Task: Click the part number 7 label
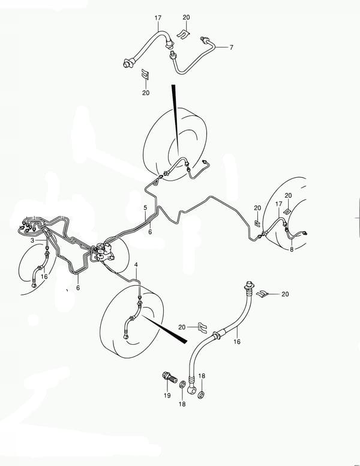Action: tap(232, 47)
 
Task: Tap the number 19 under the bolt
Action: tap(167, 395)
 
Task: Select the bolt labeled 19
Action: tap(169, 378)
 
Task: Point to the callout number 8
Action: tap(292, 250)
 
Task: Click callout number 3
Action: tap(32, 240)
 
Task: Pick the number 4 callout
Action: tap(136, 264)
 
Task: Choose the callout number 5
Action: tap(145, 208)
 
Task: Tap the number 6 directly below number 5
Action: tap(150, 232)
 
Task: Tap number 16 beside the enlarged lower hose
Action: tap(237, 342)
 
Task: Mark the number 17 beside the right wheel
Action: tap(278, 204)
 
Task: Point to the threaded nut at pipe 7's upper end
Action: tap(205, 40)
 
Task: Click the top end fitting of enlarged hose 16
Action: tap(249, 286)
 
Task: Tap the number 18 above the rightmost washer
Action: tap(202, 376)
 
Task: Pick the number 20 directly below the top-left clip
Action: tap(146, 92)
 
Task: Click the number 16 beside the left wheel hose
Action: tap(44, 277)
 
